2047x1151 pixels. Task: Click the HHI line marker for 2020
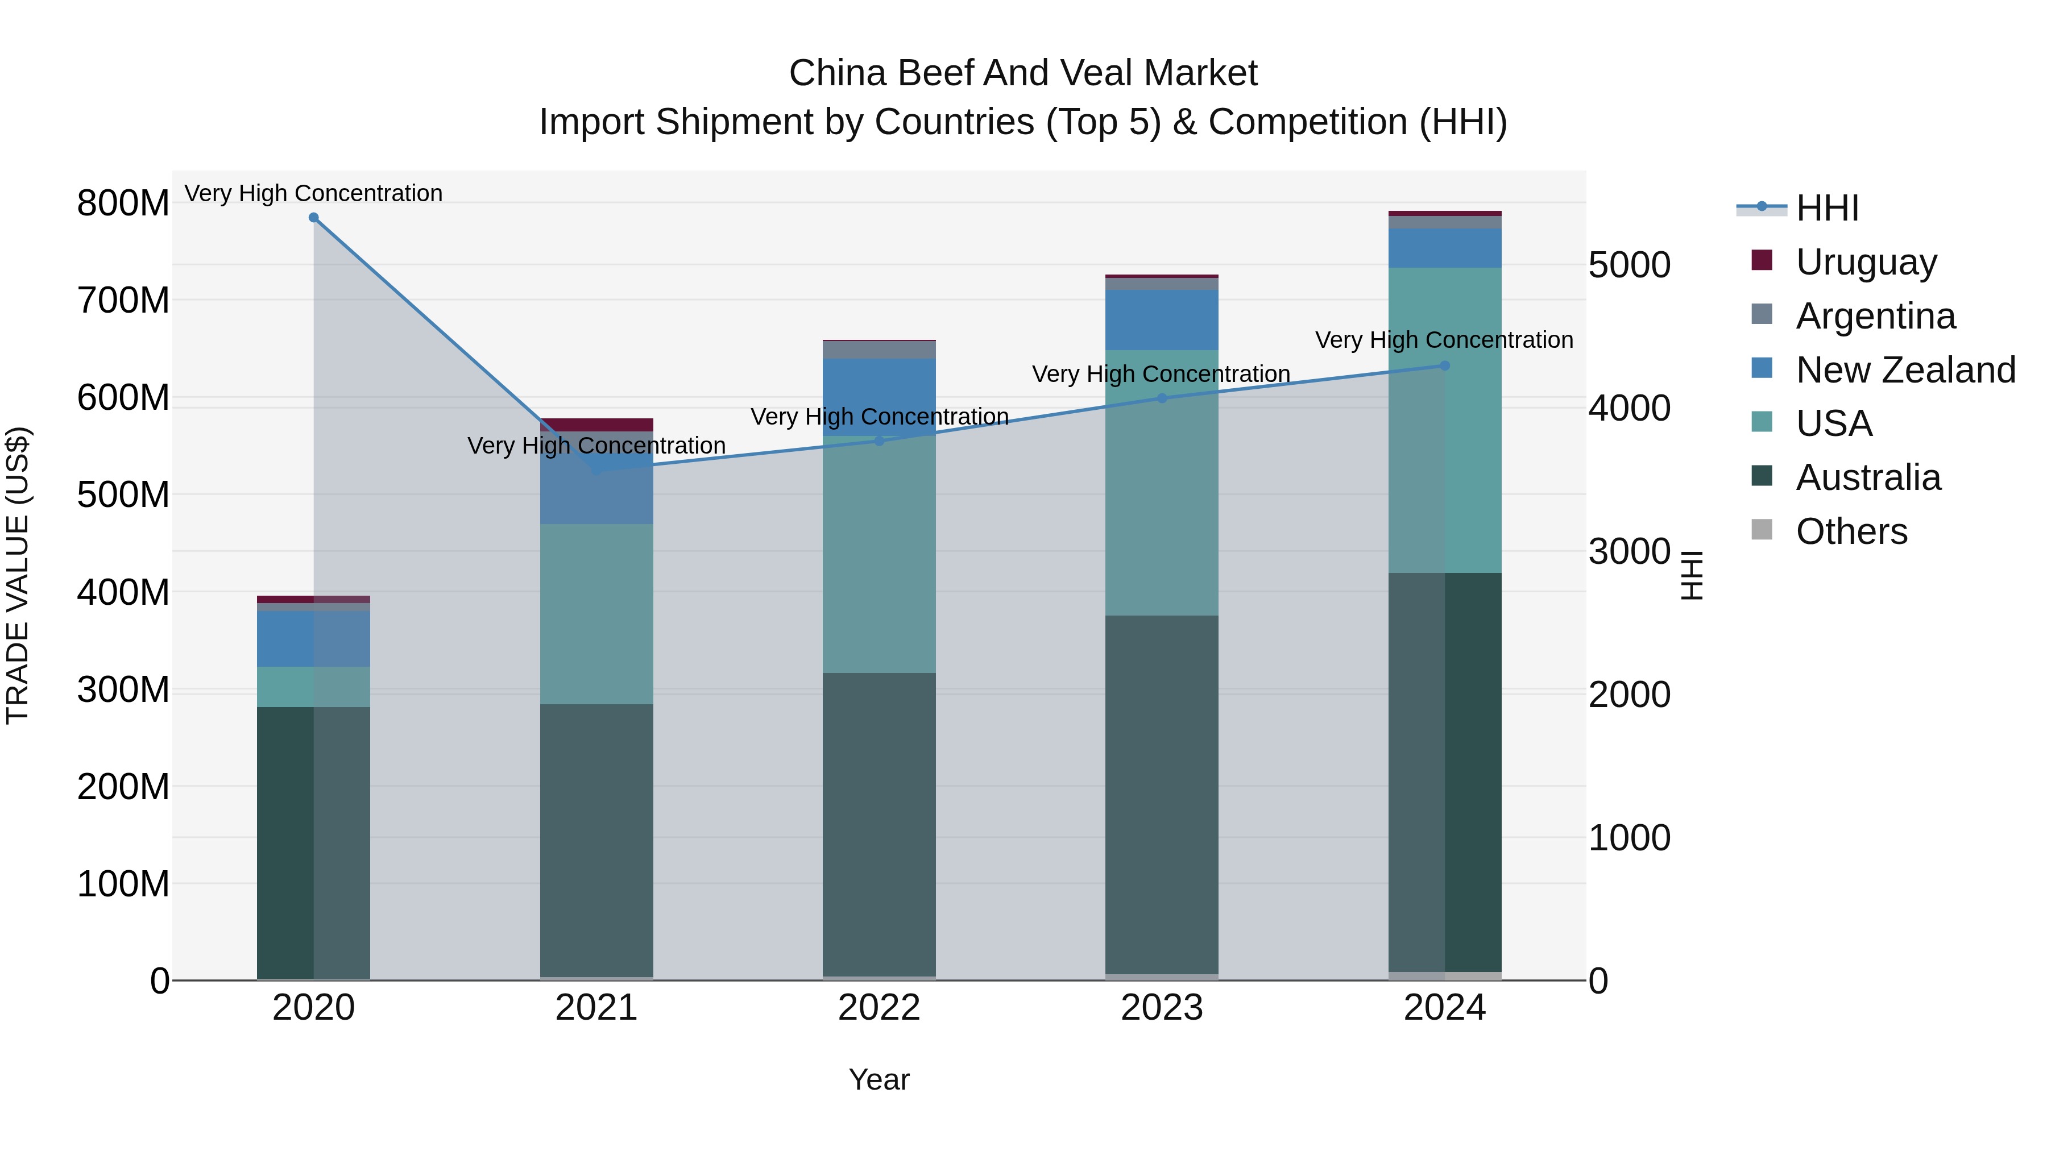click(x=313, y=218)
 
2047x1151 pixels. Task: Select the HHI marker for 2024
click(x=1445, y=366)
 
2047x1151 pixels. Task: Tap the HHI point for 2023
click(x=1162, y=398)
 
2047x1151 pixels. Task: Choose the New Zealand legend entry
click(x=1905, y=370)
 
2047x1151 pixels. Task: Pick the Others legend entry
click(x=1851, y=531)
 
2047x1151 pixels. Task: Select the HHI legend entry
click(x=1827, y=208)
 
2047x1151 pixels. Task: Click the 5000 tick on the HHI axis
click(x=1629, y=265)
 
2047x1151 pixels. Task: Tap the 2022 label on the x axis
click(x=879, y=1008)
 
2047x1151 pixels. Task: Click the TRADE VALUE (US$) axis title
click(x=18, y=575)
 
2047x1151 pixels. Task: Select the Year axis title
click(x=879, y=1079)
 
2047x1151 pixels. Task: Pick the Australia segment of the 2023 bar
click(x=1162, y=795)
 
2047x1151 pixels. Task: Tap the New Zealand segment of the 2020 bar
click(x=313, y=639)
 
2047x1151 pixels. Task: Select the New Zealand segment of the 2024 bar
click(x=1445, y=248)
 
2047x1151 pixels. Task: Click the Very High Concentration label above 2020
click(x=313, y=193)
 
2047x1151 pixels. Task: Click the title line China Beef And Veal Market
click(x=1023, y=73)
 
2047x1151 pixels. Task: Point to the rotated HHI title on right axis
click(x=1693, y=575)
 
